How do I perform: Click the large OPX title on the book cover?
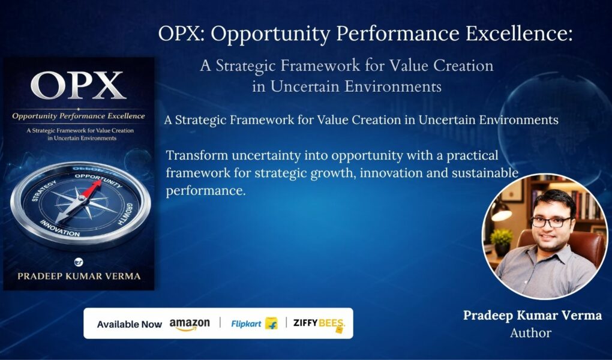point(79,85)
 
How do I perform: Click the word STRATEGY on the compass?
point(44,191)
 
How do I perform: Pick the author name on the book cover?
point(79,276)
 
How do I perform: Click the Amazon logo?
point(189,325)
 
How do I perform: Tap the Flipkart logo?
point(254,323)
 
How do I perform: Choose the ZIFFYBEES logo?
point(319,324)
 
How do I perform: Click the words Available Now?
point(129,325)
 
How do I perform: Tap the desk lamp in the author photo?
point(500,211)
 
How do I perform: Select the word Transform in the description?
point(197,155)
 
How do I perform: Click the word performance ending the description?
point(206,191)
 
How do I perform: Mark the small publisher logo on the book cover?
point(79,262)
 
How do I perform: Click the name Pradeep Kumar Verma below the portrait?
point(532,315)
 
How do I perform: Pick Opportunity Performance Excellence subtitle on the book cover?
point(79,116)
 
